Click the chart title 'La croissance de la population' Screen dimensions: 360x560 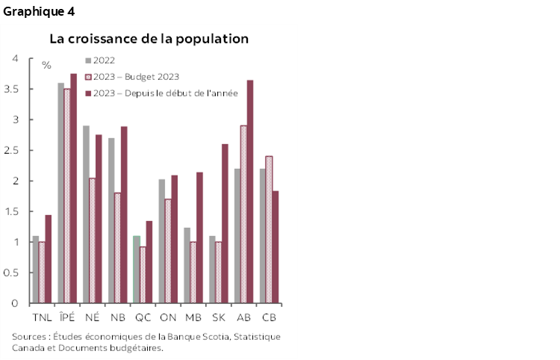(149, 38)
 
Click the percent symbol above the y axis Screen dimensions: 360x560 (46, 66)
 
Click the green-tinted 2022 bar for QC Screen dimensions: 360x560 (136, 270)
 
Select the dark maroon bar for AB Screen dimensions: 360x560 (249, 192)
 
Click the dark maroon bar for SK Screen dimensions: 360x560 (225, 224)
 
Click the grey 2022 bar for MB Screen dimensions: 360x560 (187, 266)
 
